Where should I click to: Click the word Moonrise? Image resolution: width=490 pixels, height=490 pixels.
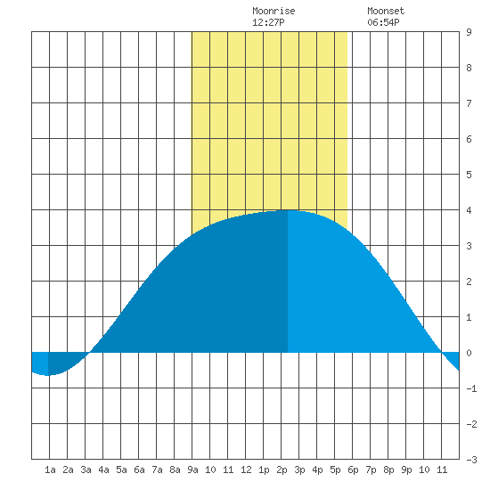point(274,11)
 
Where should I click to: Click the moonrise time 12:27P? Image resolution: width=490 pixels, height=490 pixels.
point(268,22)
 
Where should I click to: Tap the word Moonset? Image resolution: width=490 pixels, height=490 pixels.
point(386,11)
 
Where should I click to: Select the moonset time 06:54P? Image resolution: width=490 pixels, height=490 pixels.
point(383,22)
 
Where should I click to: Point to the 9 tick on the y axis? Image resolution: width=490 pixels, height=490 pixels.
point(469,32)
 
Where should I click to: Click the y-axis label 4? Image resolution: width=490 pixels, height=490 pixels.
point(469,210)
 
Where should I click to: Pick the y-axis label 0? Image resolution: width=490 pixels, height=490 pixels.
point(469,353)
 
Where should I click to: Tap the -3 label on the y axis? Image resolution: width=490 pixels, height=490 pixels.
point(471,460)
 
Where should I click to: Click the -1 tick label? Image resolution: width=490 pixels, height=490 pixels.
point(471,388)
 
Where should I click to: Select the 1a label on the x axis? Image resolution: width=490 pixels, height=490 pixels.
point(50,470)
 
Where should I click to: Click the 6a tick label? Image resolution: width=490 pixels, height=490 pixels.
point(139,470)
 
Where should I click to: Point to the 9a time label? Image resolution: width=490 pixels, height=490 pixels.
point(192,470)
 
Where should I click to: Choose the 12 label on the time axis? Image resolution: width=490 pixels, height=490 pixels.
point(246,470)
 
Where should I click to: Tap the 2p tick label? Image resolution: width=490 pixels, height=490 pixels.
point(282,470)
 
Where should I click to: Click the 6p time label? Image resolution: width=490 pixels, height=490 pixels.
point(353,470)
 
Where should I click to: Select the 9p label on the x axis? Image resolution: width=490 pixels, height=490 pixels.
point(406,470)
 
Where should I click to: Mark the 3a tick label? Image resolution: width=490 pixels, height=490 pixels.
point(86,470)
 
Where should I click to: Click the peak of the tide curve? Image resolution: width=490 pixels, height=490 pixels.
point(288,210)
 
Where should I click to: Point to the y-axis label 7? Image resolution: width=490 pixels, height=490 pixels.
point(469,103)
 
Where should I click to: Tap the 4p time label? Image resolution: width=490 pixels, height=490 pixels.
point(317,470)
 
